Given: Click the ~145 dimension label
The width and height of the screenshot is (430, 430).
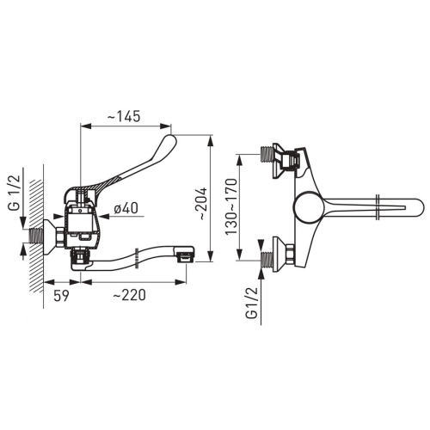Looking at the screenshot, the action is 124,116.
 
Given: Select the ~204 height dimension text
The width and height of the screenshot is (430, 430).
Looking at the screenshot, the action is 202,204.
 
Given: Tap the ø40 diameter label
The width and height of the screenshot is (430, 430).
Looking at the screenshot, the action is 126,207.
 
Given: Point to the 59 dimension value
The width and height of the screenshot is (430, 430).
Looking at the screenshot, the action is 61,295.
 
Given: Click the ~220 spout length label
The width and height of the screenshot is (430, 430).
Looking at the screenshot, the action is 129,295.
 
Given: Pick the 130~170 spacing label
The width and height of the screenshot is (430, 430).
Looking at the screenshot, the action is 231,206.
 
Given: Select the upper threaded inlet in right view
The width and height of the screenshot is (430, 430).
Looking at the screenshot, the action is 267,154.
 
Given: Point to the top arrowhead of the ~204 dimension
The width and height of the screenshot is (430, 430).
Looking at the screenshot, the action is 211,140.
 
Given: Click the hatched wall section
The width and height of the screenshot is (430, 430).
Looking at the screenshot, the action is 36,236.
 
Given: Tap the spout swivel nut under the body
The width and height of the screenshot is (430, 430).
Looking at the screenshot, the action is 81,255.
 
